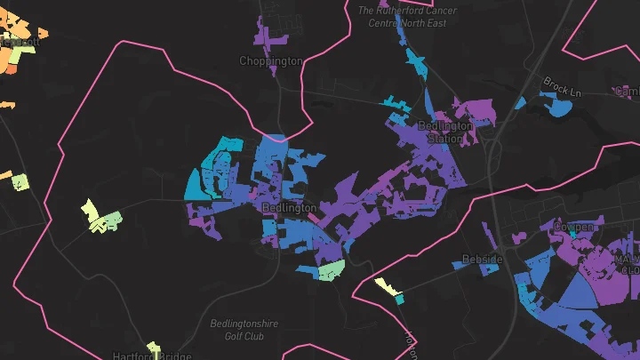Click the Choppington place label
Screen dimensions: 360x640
coord(271,61)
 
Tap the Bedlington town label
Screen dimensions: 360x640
coord(289,207)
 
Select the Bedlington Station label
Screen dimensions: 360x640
coord(444,132)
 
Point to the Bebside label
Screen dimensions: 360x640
coord(483,260)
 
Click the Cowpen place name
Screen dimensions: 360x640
coord(573,228)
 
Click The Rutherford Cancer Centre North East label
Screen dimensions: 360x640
coord(407,17)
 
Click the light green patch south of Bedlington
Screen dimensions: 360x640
coord(331,268)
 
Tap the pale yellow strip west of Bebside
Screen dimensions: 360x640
coord(386,285)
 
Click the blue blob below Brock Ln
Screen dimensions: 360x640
coord(559,108)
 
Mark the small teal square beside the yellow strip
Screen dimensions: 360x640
coord(399,300)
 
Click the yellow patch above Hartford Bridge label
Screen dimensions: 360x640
coord(153,347)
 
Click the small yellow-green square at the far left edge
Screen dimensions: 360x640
coord(20,181)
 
